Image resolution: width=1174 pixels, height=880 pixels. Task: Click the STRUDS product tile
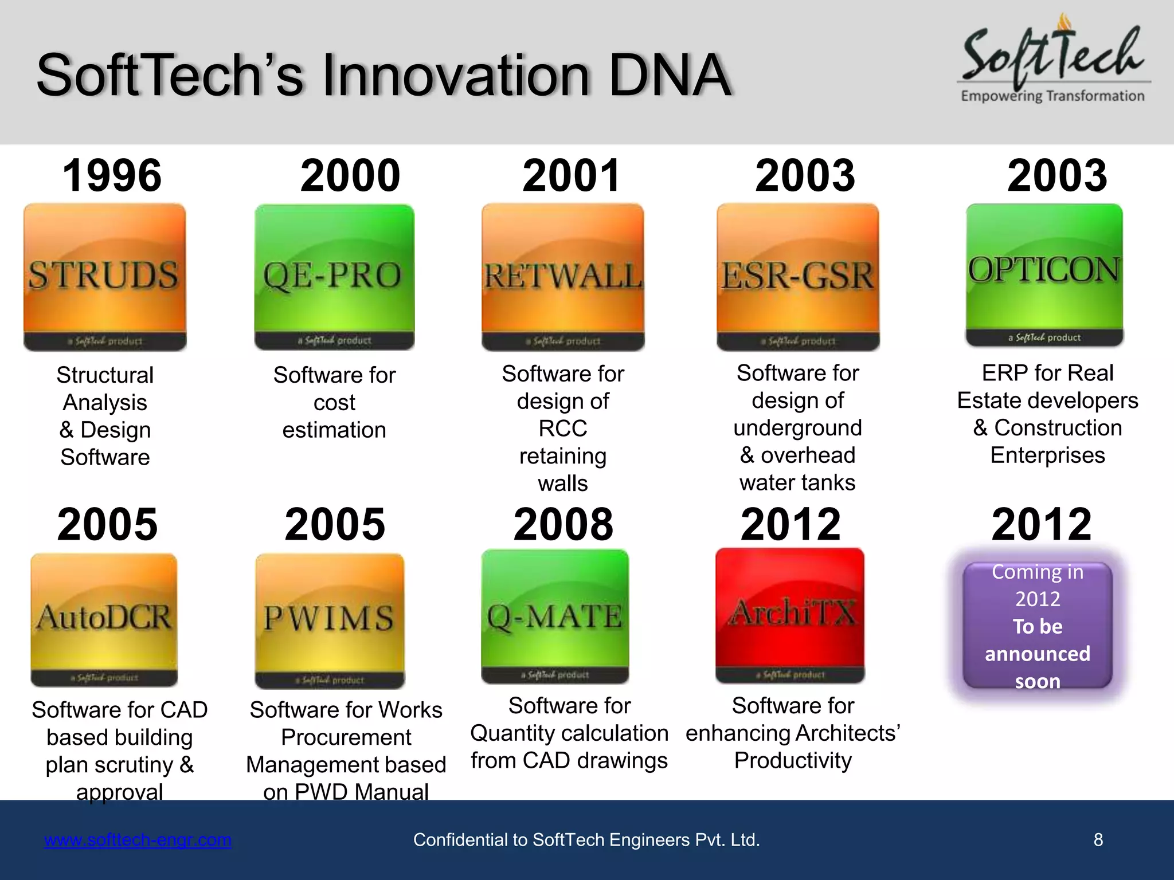point(104,277)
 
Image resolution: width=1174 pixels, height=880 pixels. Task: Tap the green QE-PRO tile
point(334,277)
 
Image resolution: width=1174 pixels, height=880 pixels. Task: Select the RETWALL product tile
point(563,277)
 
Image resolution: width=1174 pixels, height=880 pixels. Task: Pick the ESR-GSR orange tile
point(797,277)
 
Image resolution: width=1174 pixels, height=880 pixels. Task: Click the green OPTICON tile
point(1044,274)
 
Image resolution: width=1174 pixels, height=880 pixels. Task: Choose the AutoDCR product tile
point(104,619)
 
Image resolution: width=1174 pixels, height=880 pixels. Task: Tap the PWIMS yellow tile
point(330,620)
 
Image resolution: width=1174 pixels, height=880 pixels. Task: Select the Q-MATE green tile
point(555,616)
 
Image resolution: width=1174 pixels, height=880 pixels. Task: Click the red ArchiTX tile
point(790,615)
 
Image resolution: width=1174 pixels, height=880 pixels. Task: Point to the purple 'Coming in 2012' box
point(1038,626)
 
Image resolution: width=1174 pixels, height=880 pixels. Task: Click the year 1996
point(112,175)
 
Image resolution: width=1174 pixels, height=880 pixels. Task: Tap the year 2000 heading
point(350,175)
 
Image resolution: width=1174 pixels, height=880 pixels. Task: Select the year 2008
point(563,524)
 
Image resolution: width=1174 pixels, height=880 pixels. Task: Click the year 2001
point(572,175)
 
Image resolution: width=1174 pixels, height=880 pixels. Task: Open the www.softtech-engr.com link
point(138,840)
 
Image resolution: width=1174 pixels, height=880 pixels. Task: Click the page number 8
point(1098,840)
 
